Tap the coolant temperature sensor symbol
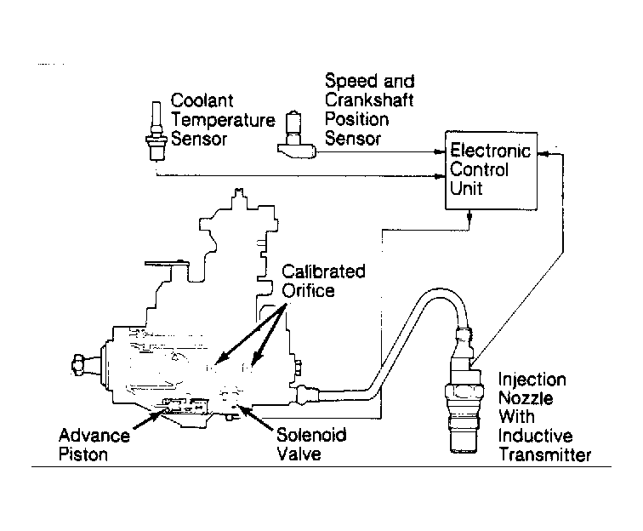[x=156, y=131]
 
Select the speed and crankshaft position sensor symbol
[x=296, y=134]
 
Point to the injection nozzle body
[x=464, y=394]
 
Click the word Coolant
[x=202, y=100]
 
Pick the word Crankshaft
[x=369, y=100]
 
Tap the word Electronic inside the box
[x=491, y=151]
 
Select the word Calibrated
[x=323, y=271]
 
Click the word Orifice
[x=308, y=290]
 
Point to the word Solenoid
[x=311, y=435]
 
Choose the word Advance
[x=94, y=436]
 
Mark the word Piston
[x=83, y=454]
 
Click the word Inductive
[x=535, y=436]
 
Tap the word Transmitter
[x=545, y=454]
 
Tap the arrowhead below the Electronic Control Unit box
[x=469, y=215]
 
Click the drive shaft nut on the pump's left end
[x=78, y=364]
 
